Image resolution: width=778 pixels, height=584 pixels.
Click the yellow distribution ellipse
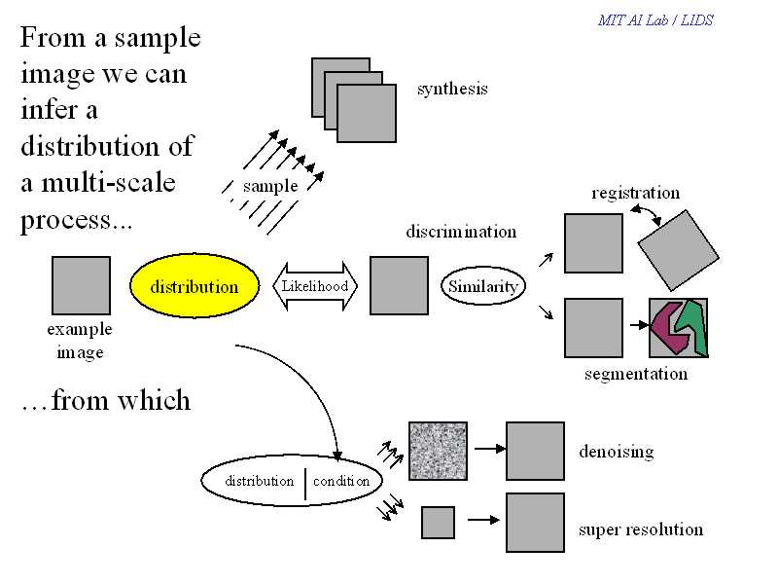pyautogui.click(x=194, y=286)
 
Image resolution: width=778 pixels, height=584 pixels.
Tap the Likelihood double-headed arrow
pyautogui.click(x=315, y=286)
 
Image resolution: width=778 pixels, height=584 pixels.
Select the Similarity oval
pyautogui.click(x=482, y=286)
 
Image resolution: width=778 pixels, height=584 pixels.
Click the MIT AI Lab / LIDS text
pyautogui.click(x=655, y=20)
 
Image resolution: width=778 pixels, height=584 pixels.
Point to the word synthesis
pyautogui.click(x=452, y=90)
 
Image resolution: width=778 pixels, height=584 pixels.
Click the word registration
pyautogui.click(x=636, y=193)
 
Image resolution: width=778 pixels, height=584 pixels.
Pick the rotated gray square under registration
pyautogui.click(x=678, y=250)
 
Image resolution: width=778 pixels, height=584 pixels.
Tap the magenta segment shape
pyautogui.click(x=669, y=327)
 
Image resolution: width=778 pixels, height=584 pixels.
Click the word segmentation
pyautogui.click(x=636, y=374)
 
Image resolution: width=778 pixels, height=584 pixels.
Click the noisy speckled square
pyautogui.click(x=439, y=451)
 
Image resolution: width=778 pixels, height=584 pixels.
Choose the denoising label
pyautogui.click(x=617, y=452)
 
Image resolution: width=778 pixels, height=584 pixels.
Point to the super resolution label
pyautogui.click(x=641, y=529)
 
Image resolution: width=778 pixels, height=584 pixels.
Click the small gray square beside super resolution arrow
pyautogui.click(x=439, y=523)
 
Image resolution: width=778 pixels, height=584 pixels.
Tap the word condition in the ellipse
pyautogui.click(x=341, y=481)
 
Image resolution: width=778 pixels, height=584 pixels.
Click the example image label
pyautogui.click(x=80, y=341)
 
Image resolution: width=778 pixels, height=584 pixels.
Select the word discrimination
pyautogui.click(x=461, y=232)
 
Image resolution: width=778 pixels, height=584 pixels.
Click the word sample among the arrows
pyautogui.click(x=270, y=186)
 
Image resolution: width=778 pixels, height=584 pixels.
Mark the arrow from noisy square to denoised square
pyautogui.click(x=490, y=449)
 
